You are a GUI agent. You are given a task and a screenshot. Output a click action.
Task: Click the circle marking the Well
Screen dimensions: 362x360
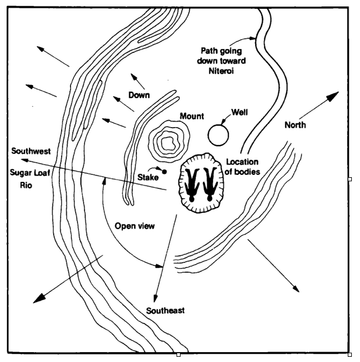(218, 135)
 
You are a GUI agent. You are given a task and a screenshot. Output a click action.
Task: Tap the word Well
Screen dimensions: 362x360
(240, 111)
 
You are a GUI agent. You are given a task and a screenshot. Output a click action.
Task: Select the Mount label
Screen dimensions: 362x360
(192, 115)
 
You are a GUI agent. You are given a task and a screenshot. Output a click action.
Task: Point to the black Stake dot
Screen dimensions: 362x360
(164, 171)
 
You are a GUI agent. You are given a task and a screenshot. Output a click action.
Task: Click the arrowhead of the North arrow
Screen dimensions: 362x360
(335, 94)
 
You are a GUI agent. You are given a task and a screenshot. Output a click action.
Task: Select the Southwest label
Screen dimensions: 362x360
(31, 151)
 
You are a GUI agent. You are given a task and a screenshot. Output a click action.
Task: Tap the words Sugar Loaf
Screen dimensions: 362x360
(29, 173)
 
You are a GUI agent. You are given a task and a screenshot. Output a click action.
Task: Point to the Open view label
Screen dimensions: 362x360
(135, 226)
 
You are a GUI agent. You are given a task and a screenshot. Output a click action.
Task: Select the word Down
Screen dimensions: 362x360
(139, 95)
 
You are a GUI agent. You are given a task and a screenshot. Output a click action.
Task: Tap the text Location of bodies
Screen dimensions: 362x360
(242, 167)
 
